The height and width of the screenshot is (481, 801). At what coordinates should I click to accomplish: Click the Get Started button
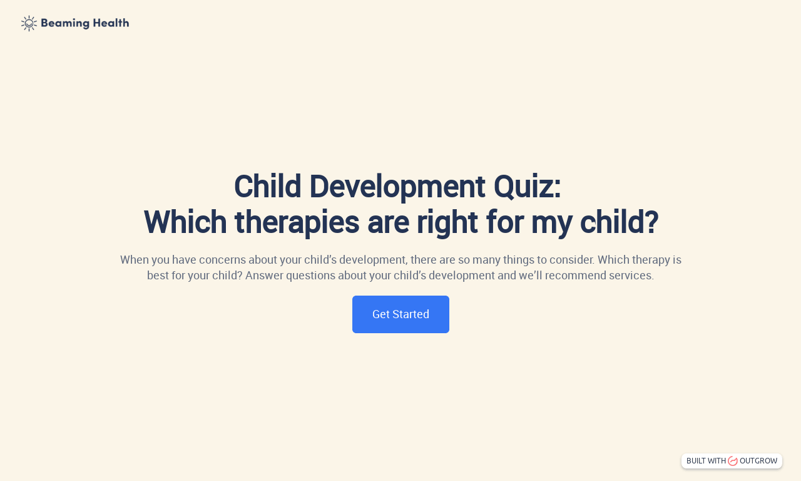tap(400, 314)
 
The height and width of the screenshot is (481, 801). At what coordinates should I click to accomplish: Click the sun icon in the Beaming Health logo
tap(29, 24)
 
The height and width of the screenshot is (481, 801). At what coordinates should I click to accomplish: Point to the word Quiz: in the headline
tap(527, 187)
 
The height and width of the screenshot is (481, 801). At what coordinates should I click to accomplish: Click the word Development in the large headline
tap(397, 187)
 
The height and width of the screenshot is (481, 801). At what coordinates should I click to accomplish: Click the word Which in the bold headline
tap(185, 222)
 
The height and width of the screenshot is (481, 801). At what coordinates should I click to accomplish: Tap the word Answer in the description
tap(264, 276)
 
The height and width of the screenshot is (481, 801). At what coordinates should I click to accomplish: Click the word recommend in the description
tap(570, 276)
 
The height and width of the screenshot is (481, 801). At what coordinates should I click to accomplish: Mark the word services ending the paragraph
tap(631, 276)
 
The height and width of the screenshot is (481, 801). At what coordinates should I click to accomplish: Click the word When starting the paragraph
tap(133, 259)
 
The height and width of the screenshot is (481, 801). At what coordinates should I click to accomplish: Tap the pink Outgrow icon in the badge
tap(733, 461)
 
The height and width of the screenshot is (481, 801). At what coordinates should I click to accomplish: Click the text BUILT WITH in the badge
tap(706, 461)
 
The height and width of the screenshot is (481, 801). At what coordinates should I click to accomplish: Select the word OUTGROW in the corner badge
tap(758, 461)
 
